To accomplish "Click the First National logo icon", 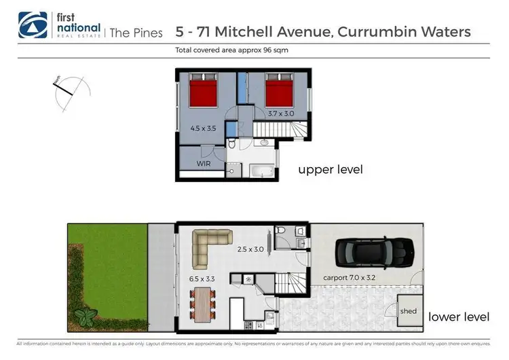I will click(29, 24).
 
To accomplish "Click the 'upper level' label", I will click(330, 169).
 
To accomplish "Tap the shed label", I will click(409, 312).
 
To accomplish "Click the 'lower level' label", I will click(459, 317).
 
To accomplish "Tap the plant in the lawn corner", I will click(86, 317).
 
